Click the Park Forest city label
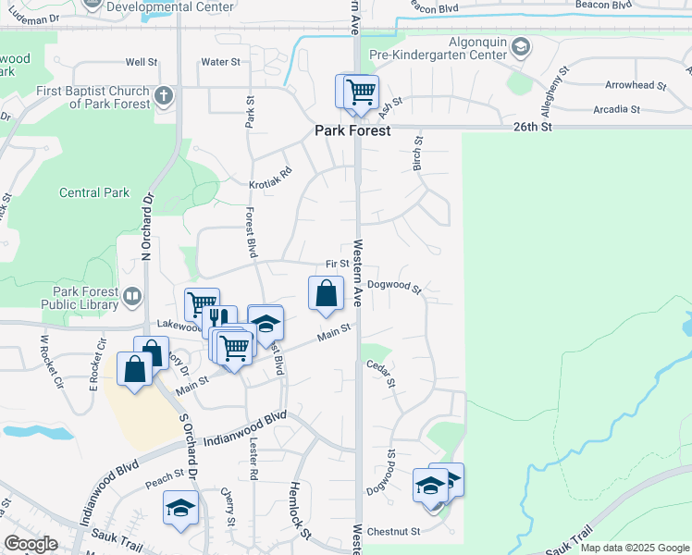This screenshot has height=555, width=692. pos(352,131)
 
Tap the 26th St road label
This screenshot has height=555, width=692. pos(533,126)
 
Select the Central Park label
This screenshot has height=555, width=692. pos(93,193)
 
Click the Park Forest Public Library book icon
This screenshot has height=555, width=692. pos(132,297)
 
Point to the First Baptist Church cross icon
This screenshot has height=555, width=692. pos(163,95)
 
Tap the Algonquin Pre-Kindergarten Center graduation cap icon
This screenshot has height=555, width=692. pos(521,47)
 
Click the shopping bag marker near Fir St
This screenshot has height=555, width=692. pos(326,293)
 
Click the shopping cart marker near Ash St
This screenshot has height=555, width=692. pos(360,92)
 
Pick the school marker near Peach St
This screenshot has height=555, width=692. pos(180,507)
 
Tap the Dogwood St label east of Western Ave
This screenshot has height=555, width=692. pos(394,287)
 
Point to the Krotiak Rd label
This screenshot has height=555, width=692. pos(270,178)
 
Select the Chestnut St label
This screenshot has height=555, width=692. pos(393,532)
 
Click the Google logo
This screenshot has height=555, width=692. pos(31,544)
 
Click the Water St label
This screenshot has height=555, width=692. pos(221,62)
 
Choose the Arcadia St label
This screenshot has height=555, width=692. pos(616,109)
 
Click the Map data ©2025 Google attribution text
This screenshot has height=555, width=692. pos(635,548)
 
